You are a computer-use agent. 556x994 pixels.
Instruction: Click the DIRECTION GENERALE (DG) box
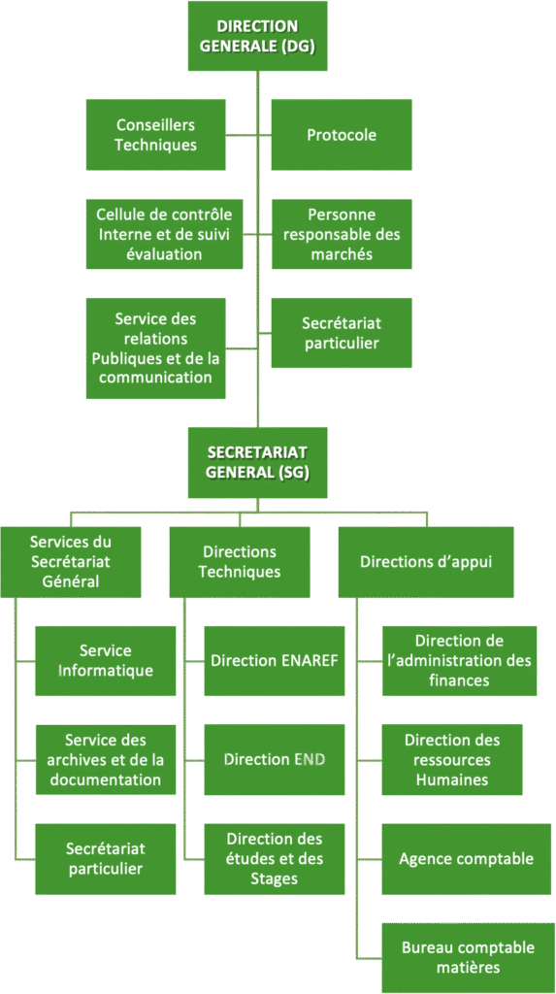click(257, 36)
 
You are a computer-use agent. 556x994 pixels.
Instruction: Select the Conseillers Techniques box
click(156, 134)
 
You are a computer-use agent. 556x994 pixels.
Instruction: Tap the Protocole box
click(342, 134)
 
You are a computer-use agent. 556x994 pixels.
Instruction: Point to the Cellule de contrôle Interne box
click(165, 234)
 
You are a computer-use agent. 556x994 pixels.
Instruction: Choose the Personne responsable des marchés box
click(342, 234)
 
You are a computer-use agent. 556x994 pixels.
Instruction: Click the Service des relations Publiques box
click(156, 348)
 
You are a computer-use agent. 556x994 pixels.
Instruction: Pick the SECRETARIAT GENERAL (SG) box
click(257, 462)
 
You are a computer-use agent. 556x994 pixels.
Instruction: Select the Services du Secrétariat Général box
click(71, 562)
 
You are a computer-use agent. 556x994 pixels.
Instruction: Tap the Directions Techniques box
click(240, 562)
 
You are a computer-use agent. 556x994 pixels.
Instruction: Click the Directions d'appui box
click(426, 562)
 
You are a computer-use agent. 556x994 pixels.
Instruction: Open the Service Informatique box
click(105, 660)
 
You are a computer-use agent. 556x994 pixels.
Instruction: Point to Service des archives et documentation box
click(105, 759)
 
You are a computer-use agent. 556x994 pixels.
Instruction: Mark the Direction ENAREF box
click(275, 660)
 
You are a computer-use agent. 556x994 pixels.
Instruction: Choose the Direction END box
click(275, 759)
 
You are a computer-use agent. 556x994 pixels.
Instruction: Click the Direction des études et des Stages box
click(275, 859)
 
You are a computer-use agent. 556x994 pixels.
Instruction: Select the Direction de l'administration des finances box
click(459, 660)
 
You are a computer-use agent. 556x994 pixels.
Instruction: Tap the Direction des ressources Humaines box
click(452, 759)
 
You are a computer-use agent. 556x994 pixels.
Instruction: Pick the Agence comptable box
click(466, 859)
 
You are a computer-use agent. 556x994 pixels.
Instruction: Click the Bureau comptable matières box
click(468, 958)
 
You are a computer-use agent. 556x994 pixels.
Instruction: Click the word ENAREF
click(309, 660)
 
